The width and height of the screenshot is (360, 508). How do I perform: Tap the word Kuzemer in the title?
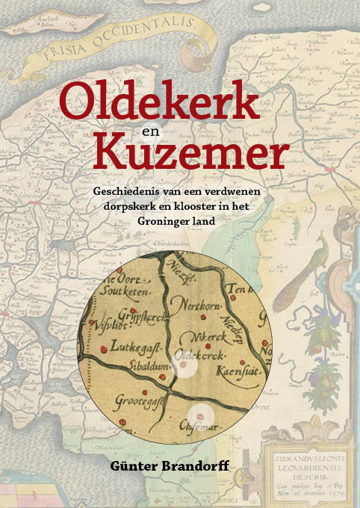tap(190, 154)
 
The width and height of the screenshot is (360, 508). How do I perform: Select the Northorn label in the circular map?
tap(197, 303)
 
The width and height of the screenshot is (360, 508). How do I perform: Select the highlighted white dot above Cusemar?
tap(199, 415)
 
